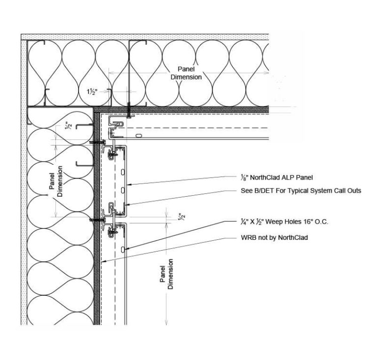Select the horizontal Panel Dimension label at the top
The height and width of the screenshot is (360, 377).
tap(186, 74)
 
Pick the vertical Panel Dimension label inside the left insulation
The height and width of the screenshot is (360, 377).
tap(55, 181)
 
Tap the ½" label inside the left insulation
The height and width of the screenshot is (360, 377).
tap(70, 126)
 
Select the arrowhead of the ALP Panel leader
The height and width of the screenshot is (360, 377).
tap(128, 185)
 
